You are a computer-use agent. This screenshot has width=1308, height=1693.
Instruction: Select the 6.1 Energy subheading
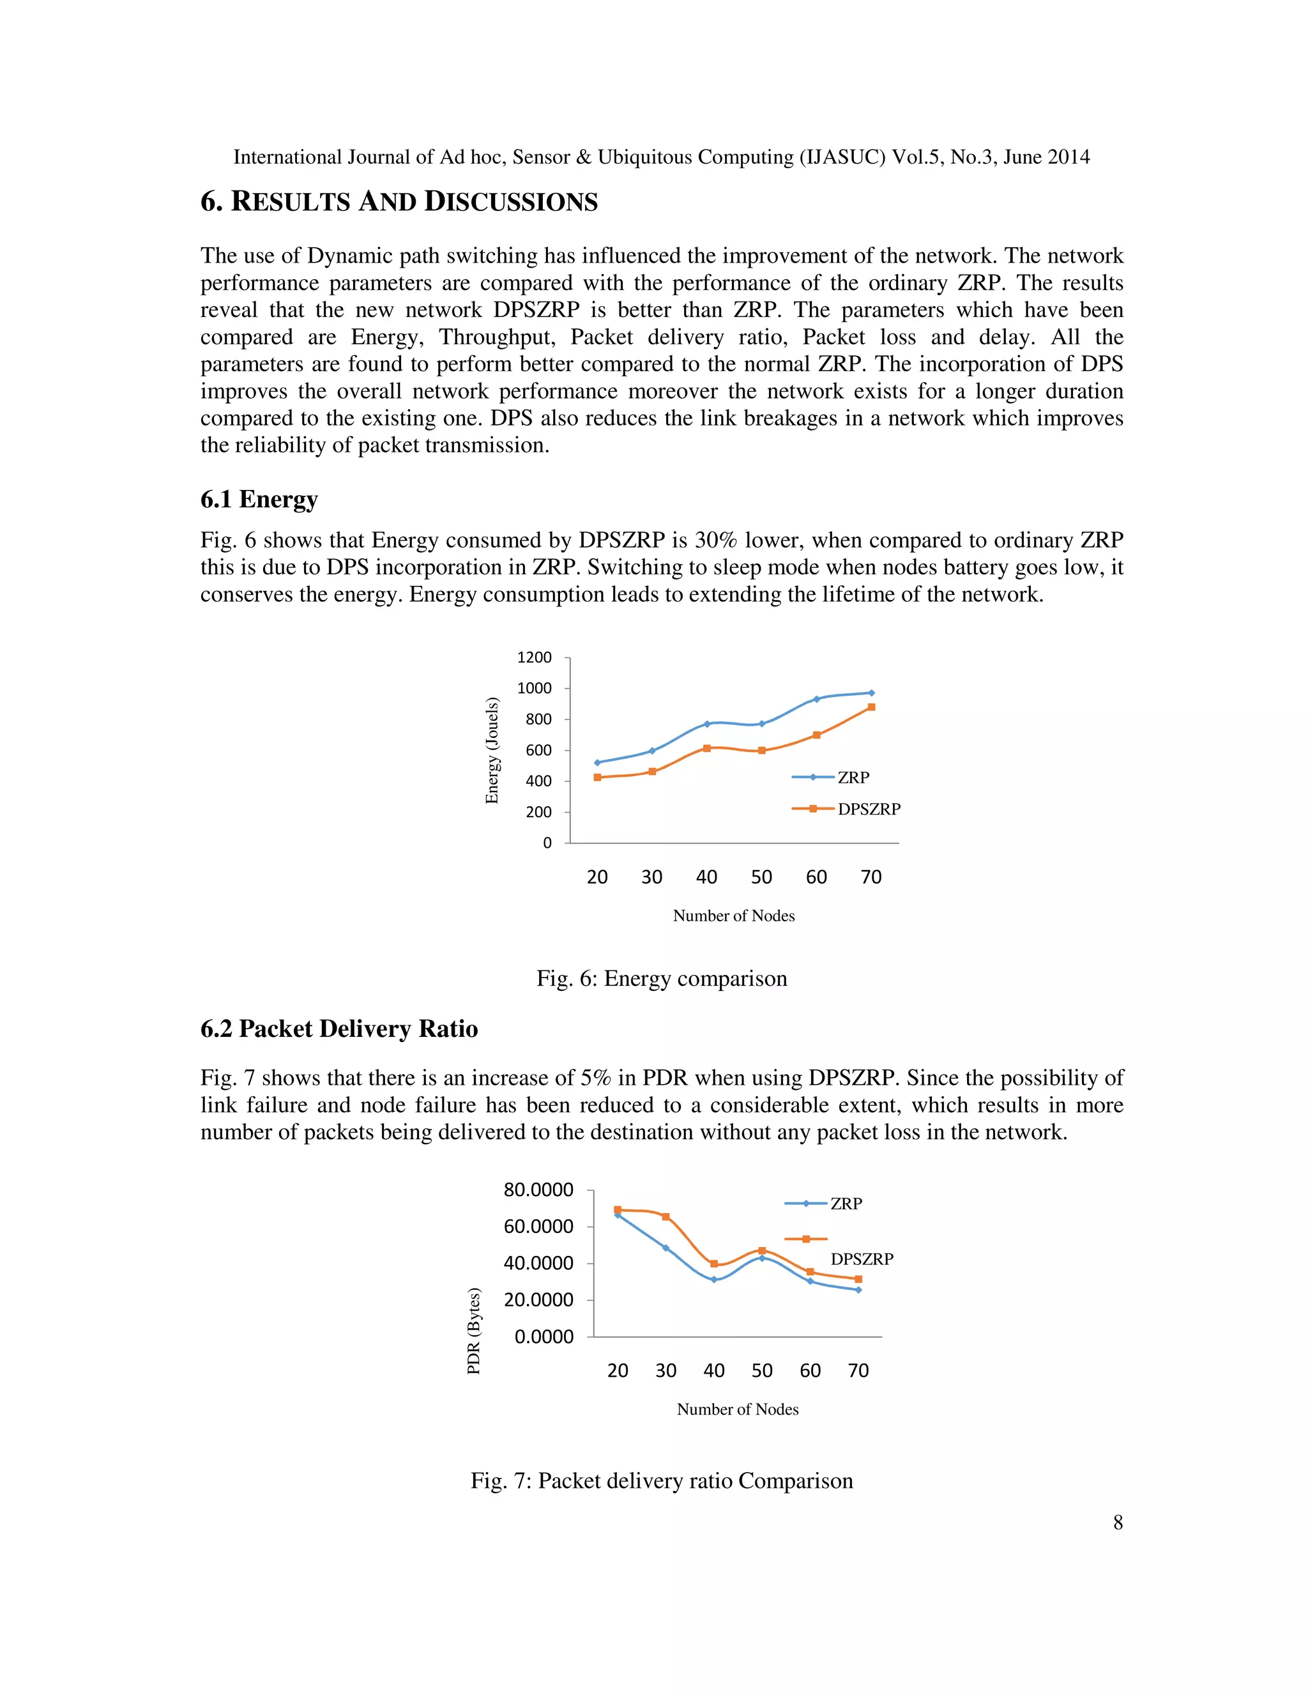(x=259, y=499)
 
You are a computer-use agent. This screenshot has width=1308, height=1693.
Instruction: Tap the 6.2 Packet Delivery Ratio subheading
(x=338, y=1029)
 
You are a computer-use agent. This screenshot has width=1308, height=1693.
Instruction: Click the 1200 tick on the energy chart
(x=534, y=657)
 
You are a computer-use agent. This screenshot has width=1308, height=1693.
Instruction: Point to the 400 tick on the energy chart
(x=538, y=781)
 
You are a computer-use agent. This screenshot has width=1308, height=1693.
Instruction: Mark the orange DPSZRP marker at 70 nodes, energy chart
(x=871, y=707)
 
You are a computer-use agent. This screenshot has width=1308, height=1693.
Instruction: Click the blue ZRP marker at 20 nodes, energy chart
(x=597, y=763)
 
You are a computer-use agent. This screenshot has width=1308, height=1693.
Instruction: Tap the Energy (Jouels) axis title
(x=491, y=751)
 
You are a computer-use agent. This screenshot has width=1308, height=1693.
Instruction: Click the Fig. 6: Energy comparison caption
(x=661, y=979)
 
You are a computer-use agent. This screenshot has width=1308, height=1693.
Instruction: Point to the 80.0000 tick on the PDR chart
(x=538, y=1190)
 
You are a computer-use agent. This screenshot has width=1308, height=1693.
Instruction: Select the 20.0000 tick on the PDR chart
(x=538, y=1300)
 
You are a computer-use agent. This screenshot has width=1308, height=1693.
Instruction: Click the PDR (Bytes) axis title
(x=473, y=1331)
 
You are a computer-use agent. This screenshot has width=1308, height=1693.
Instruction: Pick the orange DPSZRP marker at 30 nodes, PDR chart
(x=665, y=1217)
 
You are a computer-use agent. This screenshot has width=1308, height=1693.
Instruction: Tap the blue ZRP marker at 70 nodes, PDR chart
(x=858, y=1290)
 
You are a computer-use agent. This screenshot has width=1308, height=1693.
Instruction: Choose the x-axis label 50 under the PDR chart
(x=762, y=1371)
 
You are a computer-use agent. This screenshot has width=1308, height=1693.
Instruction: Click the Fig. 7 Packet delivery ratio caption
(x=661, y=1482)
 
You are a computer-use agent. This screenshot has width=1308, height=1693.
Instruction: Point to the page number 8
(x=1118, y=1522)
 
